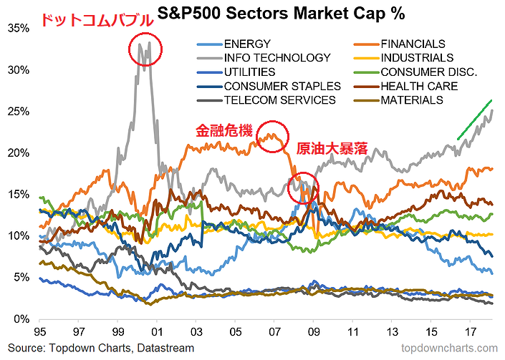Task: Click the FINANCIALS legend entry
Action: click(x=413, y=44)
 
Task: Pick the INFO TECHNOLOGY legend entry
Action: click(x=277, y=58)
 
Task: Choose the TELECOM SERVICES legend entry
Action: click(x=279, y=100)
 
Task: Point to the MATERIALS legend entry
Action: click(x=411, y=100)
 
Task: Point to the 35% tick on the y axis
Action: click(x=19, y=28)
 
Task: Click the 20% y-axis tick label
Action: click(x=19, y=153)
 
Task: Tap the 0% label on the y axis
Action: click(x=22, y=319)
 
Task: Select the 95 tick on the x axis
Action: click(x=41, y=333)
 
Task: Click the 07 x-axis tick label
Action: click(x=274, y=333)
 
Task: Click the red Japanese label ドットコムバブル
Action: click(x=96, y=20)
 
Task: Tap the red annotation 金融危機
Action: click(x=225, y=131)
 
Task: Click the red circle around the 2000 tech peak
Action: click(x=145, y=49)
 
